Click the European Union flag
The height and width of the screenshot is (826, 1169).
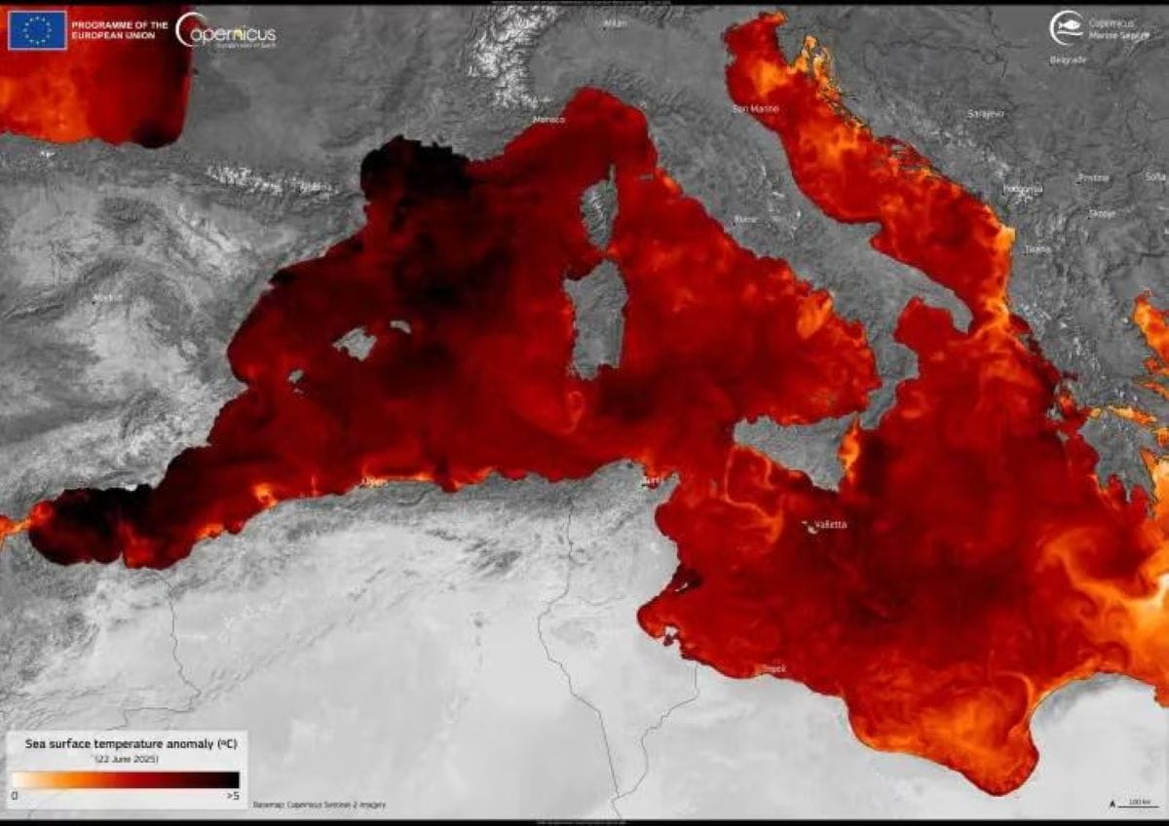[38, 30]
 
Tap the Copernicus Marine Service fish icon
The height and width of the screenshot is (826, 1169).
[1066, 27]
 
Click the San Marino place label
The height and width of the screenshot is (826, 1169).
[755, 108]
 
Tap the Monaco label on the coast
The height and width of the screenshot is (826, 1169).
[549, 120]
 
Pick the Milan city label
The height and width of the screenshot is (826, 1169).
[615, 22]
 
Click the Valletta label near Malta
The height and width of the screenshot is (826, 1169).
[830, 525]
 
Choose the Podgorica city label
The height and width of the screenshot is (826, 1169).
[1024, 188]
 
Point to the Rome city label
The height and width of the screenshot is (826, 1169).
[744, 220]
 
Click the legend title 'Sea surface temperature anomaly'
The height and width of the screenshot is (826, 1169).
[129, 743]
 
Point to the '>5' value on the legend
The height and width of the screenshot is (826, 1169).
[232, 796]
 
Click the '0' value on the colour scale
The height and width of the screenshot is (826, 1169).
[15, 796]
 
